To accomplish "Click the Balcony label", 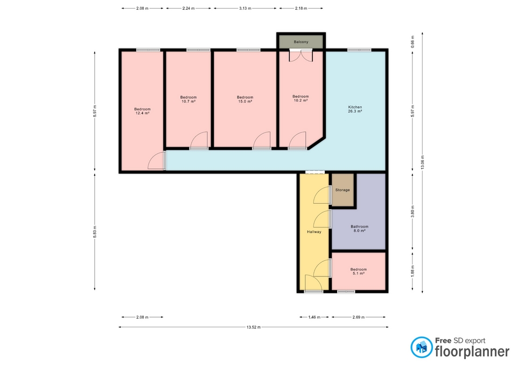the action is pyautogui.click(x=301, y=42).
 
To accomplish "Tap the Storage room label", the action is pyautogui.click(x=343, y=190).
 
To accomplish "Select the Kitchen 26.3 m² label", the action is pyautogui.click(x=355, y=109).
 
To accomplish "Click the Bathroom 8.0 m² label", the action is pyautogui.click(x=359, y=229).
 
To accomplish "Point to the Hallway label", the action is pyautogui.click(x=314, y=232).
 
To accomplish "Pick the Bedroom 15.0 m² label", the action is pyautogui.click(x=245, y=99).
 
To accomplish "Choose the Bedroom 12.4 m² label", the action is pyautogui.click(x=142, y=111).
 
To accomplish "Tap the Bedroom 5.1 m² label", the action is pyautogui.click(x=359, y=271).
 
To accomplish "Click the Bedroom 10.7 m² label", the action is pyautogui.click(x=188, y=99).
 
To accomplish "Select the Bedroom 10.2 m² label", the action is pyautogui.click(x=301, y=98).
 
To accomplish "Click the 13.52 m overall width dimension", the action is pyautogui.click(x=254, y=327).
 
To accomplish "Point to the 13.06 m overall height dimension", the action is pyautogui.click(x=422, y=163).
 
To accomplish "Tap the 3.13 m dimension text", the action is pyautogui.click(x=245, y=8).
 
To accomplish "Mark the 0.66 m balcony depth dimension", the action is pyautogui.click(x=413, y=42).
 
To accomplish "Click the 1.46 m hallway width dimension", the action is pyautogui.click(x=314, y=317).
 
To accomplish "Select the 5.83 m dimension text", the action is pyautogui.click(x=95, y=232).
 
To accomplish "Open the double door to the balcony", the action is pyautogui.click(x=301, y=55).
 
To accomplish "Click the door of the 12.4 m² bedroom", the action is pyautogui.click(x=157, y=161).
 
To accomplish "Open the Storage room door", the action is pyautogui.click(x=322, y=195).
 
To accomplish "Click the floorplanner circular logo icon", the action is pyautogui.click(x=421, y=348).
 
